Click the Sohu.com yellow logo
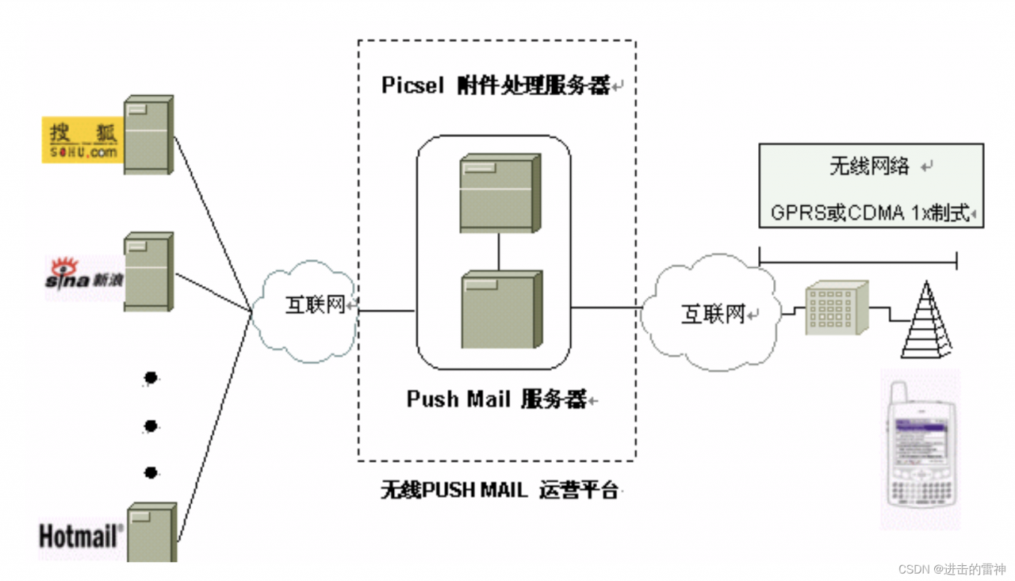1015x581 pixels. pyautogui.click(x=82, y=141)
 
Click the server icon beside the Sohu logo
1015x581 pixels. pyautogui.click(x=148, y=135)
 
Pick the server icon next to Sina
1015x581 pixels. pyautogui.click(x=148, y=271)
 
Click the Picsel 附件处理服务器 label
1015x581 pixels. pyautogui.click(x=496, y=86)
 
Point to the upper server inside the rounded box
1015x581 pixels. pyautogui.click(x=499, y=193)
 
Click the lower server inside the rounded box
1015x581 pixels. pyautogui.click(x=500, y=310)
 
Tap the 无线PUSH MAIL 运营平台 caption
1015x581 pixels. pyautogui.click(x=499, y=490)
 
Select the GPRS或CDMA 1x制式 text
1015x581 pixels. pyautogui.click(x=870, y=212)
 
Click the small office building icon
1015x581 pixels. pyautogui.click(x=836, y=308)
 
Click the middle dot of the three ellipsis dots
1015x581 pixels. pyautogui.click(x=151, y=426)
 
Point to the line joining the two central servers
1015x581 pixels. pyautogui.click(x=499, y=251)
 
